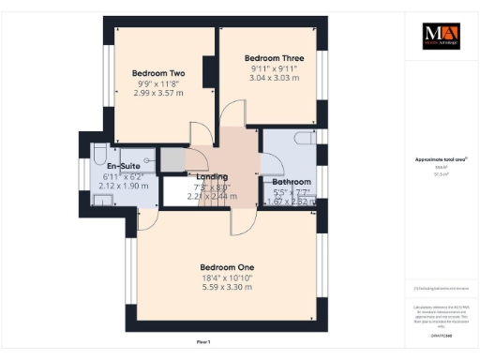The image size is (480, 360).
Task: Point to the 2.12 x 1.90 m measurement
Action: click(x=124, y=186)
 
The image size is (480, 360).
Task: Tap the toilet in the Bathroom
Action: click(x=306, y=138)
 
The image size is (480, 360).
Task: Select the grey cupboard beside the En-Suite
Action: click(x=172, y=160)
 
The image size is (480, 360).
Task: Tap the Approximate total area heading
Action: click(x=441, y=160)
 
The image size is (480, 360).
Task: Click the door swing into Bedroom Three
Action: click(x=231, y=116)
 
